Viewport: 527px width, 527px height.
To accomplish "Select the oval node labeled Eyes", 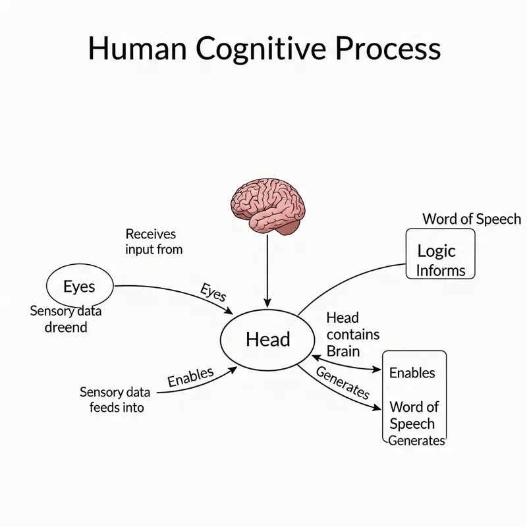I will (79, 287).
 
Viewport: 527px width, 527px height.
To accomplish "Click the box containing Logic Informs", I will (440, 254).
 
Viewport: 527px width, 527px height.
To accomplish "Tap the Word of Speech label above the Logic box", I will (471, 219).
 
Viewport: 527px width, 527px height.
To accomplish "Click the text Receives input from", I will (153, 242).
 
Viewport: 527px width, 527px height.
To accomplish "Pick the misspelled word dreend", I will (65, 327).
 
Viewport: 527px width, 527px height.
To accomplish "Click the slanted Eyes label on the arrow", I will (212, 292).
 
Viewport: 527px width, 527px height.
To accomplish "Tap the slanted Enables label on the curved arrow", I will (190, 377).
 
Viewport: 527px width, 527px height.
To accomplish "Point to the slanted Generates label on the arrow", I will (343, 382).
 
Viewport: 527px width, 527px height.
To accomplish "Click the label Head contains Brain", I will (352, 335).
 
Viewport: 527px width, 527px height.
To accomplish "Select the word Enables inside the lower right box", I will (412, 373).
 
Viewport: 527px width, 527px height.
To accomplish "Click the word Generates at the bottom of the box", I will (416, 441).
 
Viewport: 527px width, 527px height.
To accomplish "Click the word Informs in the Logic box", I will (441, 269).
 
